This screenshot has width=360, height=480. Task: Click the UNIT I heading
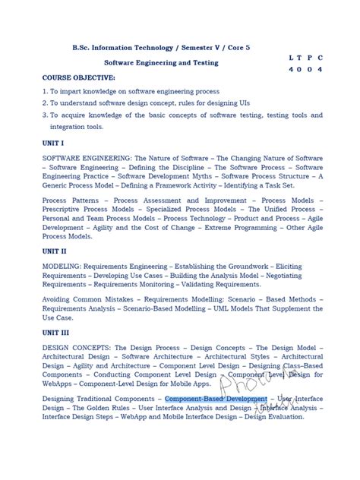point(54,142)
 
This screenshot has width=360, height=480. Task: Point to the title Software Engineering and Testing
point(161,62)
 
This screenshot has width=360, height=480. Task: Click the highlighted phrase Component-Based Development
point(216,399)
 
